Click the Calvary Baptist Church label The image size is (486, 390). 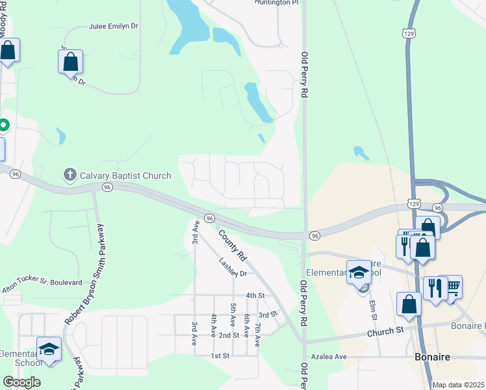pyautogui.click(x=125, y=175)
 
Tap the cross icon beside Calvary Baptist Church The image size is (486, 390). pyautogui.click(x=70, y=174)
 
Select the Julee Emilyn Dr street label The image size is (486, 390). pyautogui.click(x=114, y=27)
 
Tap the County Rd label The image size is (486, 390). pyautogui.click(x=233, y=246)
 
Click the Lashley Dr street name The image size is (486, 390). pyautogui.click(x=233, y=269)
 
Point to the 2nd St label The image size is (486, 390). pyautogui.click(x=229, y=335)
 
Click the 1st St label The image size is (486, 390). pyautogui.click(x=221, y=356)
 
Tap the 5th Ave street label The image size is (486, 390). pyautogui.click(x=233, y=315)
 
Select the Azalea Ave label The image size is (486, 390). pyautogui.click(x=332, y=357)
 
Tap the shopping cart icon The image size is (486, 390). pyautogui.click(x=453, y=285)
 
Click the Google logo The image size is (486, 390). pyautogui.click(x=21, y=382)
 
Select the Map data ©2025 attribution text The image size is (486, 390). pyautogui.click(x=458, y=385)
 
